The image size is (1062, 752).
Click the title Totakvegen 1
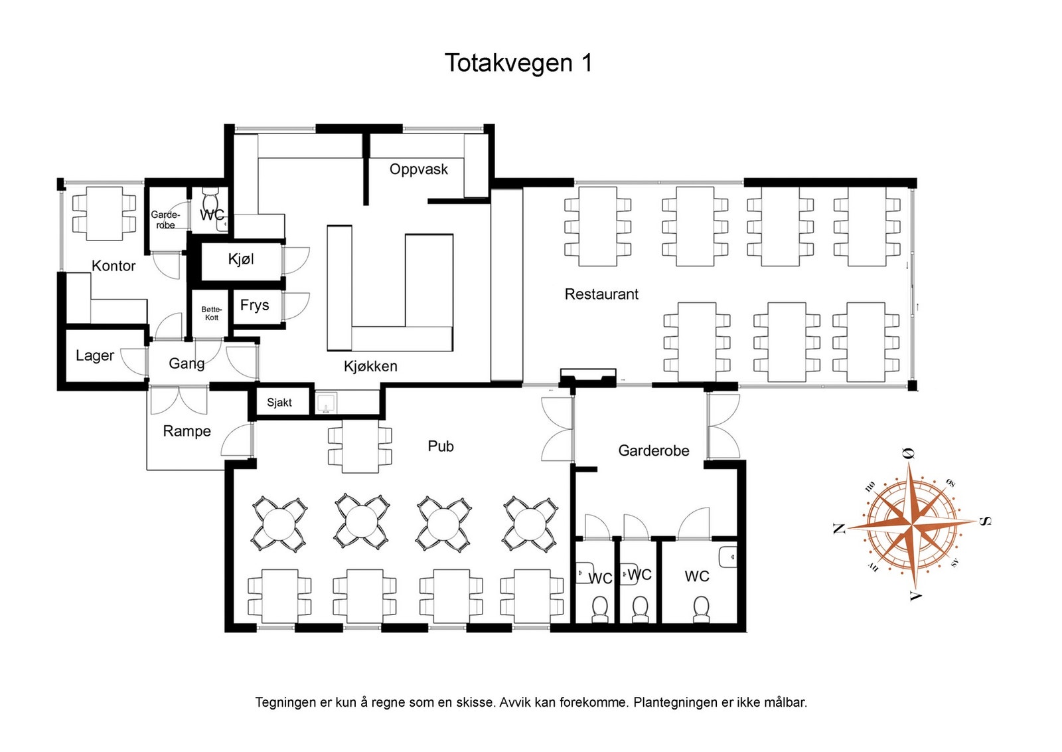coord(518,63)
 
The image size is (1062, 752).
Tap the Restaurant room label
coord(601,294)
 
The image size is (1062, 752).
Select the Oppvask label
coord(418,169)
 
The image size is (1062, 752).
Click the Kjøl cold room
coord(241,259)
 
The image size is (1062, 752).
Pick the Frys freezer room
coord(255,306)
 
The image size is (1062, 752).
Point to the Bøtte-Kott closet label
coord(211,314)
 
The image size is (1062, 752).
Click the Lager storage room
coord(95,356)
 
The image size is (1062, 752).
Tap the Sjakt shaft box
coord(279,403)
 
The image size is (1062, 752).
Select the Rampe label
coord(187,432)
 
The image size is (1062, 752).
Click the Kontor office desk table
coord(104,213)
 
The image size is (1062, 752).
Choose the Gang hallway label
coord(187,363)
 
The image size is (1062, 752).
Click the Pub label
coord(441,446)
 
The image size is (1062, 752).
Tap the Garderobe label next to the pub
coord(653,451)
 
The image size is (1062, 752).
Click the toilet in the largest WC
coord(701,608)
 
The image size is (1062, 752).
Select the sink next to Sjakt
coord(326,403)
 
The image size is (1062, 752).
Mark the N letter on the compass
coord(838,529)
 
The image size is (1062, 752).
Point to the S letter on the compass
coord(986,521)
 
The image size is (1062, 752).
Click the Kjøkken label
coord(370,367)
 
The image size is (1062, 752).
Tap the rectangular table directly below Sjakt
coord(360,446)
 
